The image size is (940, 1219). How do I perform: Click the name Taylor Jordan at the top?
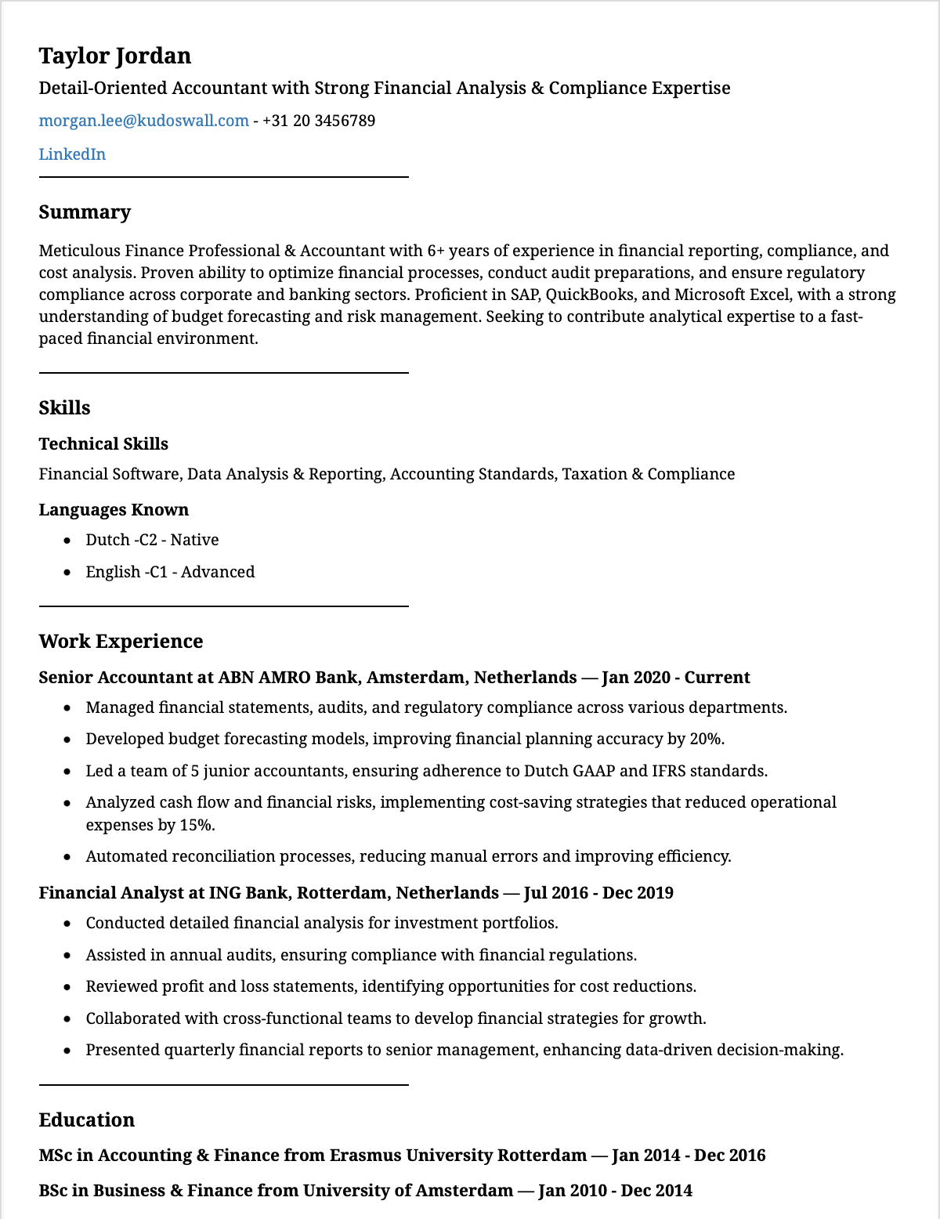115,56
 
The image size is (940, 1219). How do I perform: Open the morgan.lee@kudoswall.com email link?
143,121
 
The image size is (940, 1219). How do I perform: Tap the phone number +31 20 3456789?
319,121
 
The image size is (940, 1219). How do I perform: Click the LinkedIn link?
72,154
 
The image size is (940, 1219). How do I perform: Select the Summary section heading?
85,212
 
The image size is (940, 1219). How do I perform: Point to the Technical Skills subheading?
103,444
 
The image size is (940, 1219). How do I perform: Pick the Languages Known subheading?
114,510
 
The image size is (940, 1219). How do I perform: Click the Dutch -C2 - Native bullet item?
152,540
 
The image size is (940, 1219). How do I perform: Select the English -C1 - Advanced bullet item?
170,572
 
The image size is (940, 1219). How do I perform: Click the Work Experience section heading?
121,642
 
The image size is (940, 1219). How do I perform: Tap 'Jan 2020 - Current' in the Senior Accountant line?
676,678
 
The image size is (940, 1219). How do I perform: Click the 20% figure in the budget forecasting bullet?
707,739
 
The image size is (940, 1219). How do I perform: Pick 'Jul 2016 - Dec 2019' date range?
598,893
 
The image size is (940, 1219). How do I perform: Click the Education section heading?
87,1120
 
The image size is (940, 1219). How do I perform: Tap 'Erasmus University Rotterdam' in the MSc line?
457,1156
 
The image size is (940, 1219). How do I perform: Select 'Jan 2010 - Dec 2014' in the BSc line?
615,1191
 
